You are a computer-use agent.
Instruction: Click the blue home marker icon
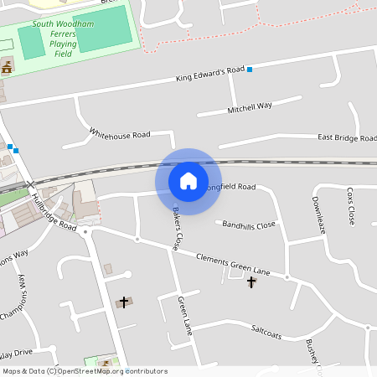188,180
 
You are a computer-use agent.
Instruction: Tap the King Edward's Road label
209,74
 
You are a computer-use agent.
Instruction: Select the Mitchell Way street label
250,108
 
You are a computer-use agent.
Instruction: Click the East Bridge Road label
347,137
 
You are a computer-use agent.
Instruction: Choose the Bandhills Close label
248,225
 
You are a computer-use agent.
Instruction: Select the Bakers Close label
177,229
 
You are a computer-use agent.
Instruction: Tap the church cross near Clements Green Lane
251,283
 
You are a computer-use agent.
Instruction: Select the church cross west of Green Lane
124,302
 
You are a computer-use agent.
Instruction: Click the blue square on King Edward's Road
250,70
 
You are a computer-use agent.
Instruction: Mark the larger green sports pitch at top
102,29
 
